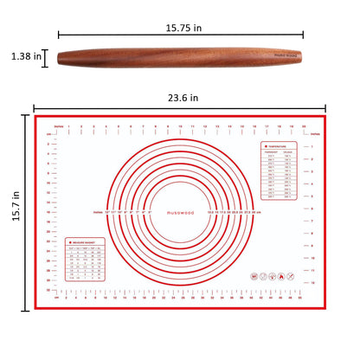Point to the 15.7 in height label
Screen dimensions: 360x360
coord(14,213)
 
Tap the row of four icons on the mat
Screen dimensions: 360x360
coord(269,277)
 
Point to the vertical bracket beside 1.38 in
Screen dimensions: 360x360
coord(47,57)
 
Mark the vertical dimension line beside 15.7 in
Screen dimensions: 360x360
coord(28,213)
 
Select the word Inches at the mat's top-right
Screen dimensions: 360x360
coord(314,135)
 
